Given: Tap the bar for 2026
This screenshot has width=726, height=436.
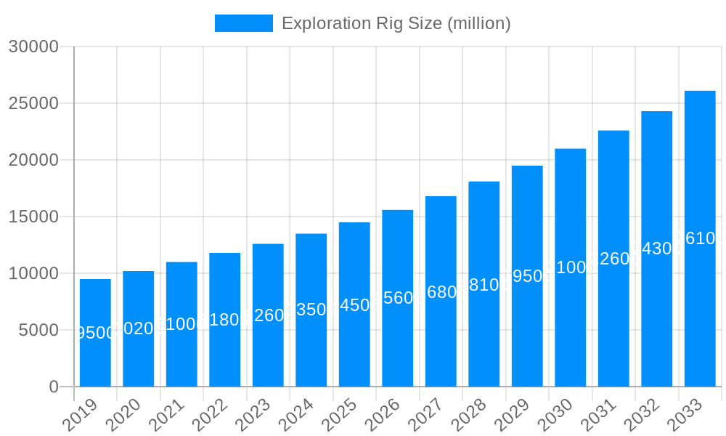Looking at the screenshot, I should (398, 298).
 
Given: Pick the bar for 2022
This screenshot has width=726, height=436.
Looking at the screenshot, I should (225, 320).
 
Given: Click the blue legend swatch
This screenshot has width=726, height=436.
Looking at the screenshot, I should (244, 23).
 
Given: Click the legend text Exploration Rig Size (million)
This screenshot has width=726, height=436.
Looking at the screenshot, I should (396, 23).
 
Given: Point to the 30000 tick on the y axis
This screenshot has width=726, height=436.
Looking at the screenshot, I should (33, 47).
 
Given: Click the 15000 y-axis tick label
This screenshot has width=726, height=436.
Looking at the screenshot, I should (33, 217).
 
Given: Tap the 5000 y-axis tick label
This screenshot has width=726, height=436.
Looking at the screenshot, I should (38, 330).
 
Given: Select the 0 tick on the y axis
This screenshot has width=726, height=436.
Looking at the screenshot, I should (54, 387).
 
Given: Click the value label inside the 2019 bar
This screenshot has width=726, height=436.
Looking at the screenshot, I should (95, 333).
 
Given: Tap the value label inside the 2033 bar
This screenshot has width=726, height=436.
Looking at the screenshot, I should (700, 238).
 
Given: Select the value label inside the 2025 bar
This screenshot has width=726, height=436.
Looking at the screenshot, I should (354, 305).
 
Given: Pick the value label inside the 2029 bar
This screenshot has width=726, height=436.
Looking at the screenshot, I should (527, 276).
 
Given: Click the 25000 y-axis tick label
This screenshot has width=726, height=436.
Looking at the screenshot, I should (33, 103).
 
